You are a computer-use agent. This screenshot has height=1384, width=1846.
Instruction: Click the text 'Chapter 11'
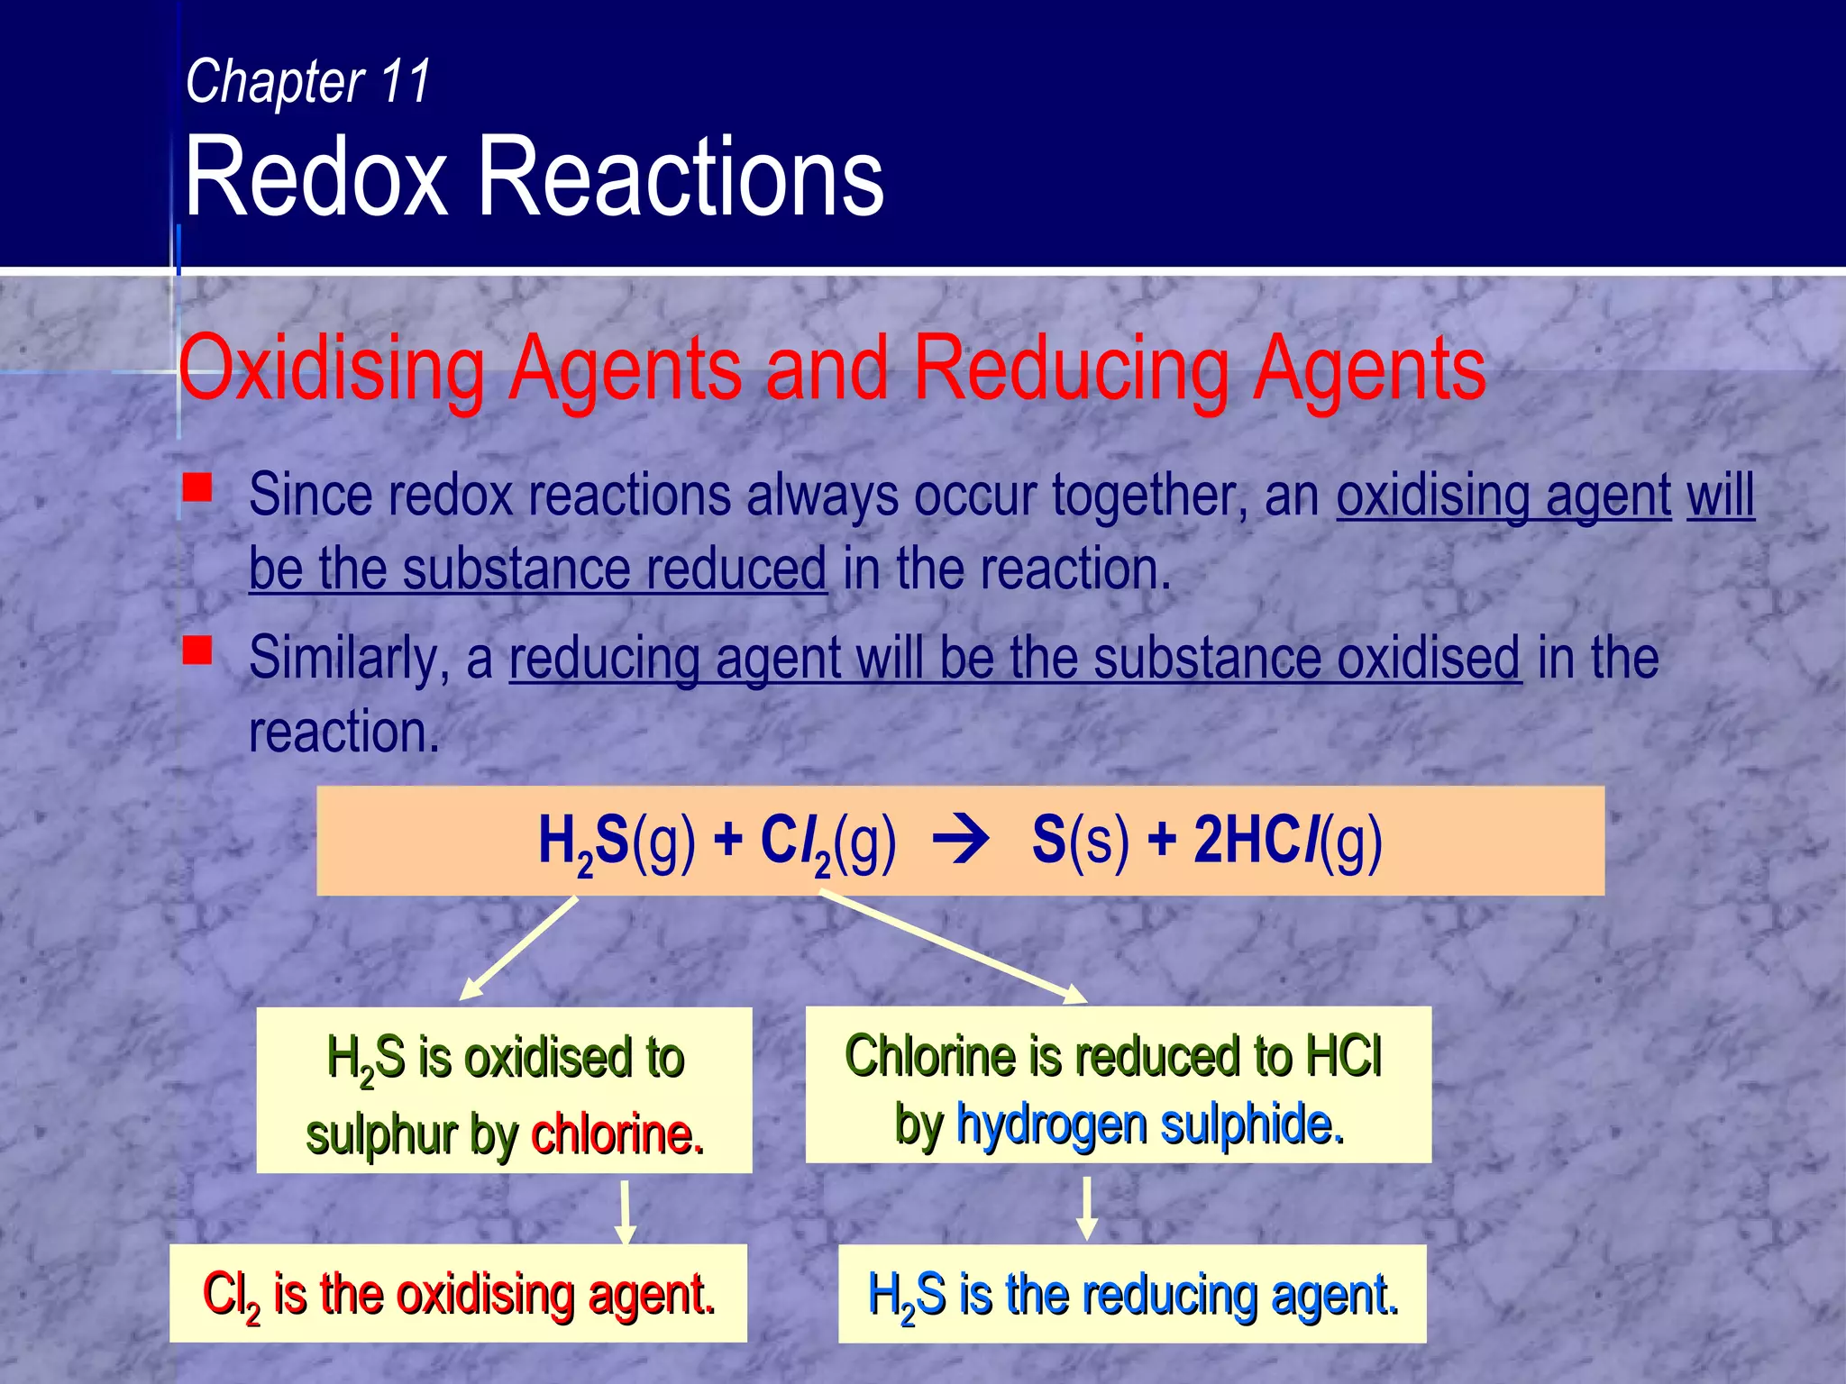pyautogui.click(x=308, y=82)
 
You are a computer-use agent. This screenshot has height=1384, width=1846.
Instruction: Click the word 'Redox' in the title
pyautogui.click(x=315, y=177)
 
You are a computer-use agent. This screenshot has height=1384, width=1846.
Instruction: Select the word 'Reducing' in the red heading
pyautogui.click(x=1071, y=369)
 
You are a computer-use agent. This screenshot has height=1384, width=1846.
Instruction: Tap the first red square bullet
pyautogui.click(x=197, y=488)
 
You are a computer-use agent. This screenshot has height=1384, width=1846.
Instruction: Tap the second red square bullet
pyautogui.click(x=197, y=650)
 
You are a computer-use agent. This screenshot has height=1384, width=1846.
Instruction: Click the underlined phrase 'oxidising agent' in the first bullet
pyautogui.click(x=1503, y=496)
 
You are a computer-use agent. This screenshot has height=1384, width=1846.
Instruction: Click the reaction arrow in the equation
pyautogui.click(x=961, y=842)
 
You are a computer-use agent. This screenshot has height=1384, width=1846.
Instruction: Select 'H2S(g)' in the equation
pyautogui.click(x=617, y=842)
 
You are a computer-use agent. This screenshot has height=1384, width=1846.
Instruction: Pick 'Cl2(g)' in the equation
pyautogui.click(x=827, y=842)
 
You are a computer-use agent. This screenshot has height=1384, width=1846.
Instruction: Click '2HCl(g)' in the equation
pyautogui.click(x=1287, y=842)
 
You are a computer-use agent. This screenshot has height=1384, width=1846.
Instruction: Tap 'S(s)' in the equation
pyautogui.click(x=1080, y=842)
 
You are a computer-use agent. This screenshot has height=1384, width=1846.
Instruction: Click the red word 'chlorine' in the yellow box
pyautogui.click(x=617, y=1134)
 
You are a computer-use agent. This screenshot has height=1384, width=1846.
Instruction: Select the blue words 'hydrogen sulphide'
pyautogui.click(x=1150, y=1124)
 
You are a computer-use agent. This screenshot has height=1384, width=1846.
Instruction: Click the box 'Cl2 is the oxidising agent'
pyautogui.click(x=458, y=1294)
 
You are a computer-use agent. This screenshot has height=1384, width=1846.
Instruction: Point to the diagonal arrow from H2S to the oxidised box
pyautogui.click(x=519, y=948)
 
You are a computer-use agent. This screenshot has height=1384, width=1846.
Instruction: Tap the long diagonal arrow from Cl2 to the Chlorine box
pyautogui.click(x=953, y=946)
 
